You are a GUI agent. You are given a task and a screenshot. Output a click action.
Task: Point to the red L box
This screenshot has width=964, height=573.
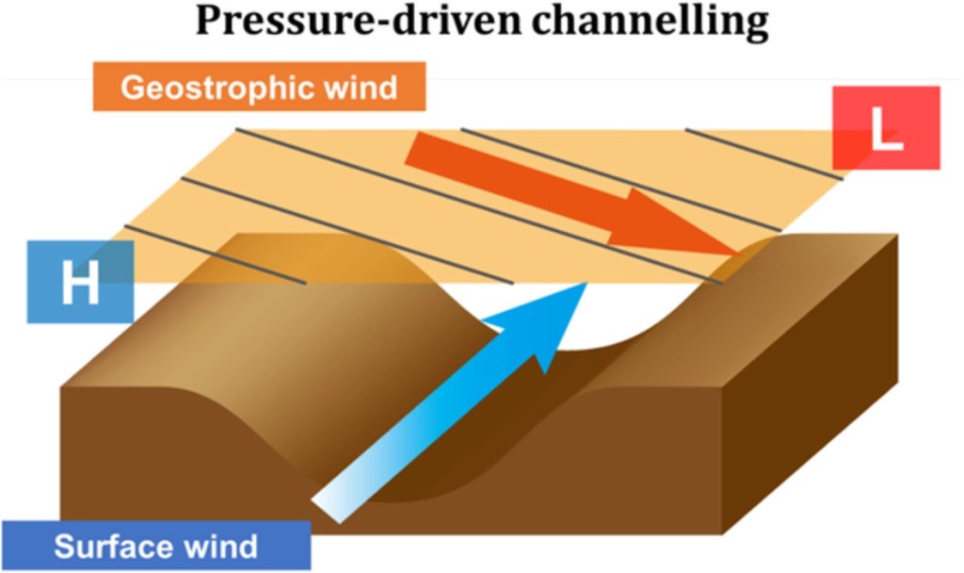886,127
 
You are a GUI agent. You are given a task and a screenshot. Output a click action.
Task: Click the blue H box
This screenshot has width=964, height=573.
80,282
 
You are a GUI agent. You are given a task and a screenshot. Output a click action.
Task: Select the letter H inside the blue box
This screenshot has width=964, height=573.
80,284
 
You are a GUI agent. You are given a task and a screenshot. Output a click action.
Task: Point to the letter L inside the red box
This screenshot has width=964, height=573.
885,131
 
